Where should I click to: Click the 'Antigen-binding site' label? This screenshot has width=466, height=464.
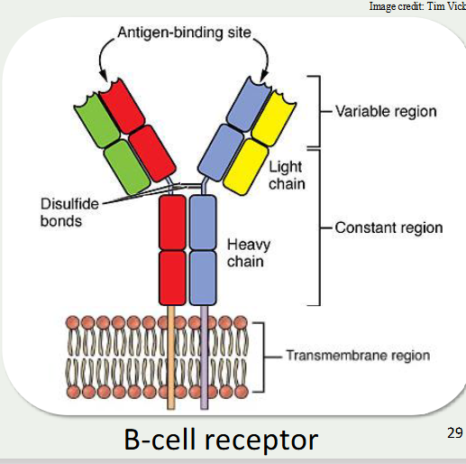click(187, 34)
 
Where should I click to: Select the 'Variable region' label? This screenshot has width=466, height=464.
click(386, 112)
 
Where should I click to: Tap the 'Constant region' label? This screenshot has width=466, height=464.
click(388, 227)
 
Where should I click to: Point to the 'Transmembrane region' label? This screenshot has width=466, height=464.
click(358, 355)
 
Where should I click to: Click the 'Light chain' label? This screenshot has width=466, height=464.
click(287, 176)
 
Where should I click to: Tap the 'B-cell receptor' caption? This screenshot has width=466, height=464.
click(221, 440)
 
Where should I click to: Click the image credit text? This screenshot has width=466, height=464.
click(417, 7)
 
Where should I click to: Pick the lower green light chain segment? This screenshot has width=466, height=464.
click(124, 164)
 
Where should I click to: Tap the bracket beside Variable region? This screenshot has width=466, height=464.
click(316, 112)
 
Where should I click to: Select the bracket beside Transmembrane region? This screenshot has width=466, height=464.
click(262, 355)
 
